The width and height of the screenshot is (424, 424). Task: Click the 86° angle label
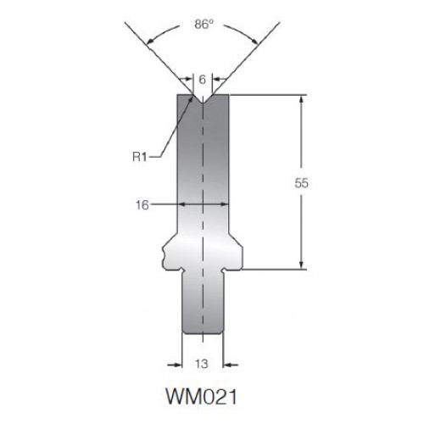204,24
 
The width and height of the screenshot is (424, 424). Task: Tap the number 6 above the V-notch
203,80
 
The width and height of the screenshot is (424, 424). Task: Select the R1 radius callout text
140,157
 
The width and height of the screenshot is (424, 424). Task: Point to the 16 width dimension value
142,205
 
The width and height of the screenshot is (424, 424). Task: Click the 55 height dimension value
301,183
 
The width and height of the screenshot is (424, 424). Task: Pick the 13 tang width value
202,364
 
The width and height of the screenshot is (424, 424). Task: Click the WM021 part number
201,396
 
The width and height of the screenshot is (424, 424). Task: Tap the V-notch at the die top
203,99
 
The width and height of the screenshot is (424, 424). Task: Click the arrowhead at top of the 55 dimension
301,99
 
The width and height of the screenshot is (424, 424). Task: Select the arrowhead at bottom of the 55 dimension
301,265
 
